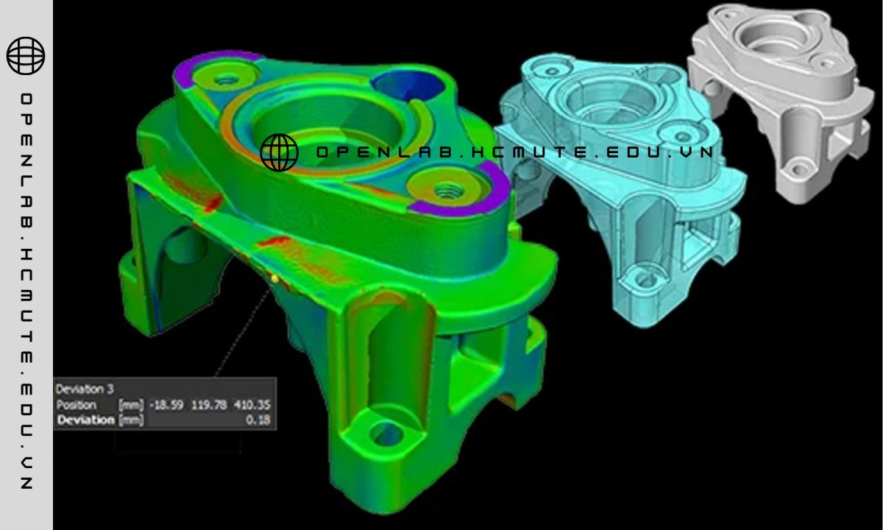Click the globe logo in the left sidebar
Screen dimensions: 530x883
coord(26,56)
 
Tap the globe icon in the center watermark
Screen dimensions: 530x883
coord(280,152)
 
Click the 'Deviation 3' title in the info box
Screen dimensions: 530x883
coord(80,389)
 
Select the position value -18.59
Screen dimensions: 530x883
coord(166,405)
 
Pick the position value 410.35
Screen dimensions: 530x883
coord(252,405)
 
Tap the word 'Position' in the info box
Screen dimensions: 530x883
coord(76,405)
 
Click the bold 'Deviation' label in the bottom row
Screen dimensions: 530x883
coord(86,420)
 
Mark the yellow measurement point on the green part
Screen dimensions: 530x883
coord(274,278)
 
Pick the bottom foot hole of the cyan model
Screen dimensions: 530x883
coord(645,279)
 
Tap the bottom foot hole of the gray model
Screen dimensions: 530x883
coord(796,171)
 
